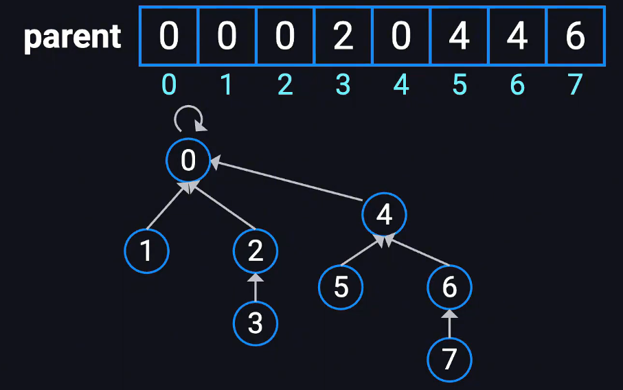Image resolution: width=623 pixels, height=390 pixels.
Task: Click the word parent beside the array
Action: tap(72, 37)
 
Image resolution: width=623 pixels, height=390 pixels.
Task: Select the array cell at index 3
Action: tap(343, 36)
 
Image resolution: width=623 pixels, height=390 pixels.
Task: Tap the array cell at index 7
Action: tap(576, 36)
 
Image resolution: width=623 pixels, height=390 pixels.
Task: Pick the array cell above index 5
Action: tap(460, 36)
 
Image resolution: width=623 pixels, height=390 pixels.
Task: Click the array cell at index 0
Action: tap(168, 36)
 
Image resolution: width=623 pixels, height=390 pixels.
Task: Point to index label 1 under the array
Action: tap(227, 85)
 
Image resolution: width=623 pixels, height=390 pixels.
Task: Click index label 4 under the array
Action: tap(401, 85)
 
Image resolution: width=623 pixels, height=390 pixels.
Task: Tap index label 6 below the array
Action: tap(517, 85)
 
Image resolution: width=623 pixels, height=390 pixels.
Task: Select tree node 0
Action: tap(188, 161)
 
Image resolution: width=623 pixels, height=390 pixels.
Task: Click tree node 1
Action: tap(146, 251)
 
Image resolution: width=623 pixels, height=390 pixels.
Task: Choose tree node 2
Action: tap(255, 251)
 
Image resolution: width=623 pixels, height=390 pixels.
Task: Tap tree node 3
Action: tap(255, 323)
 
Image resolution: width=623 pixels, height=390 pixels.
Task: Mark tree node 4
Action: tap(385, 215)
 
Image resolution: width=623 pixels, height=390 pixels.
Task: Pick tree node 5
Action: tap(341, 287)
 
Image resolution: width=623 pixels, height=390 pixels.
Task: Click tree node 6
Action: tap(449, 287)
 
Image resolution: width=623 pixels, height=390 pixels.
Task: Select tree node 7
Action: tap(449, 359)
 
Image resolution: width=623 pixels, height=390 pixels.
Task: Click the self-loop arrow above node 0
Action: tap(188, 119)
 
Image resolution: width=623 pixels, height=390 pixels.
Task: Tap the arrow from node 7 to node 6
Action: tap(449, 323)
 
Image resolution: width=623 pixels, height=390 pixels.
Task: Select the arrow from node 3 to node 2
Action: tap(255, 287)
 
